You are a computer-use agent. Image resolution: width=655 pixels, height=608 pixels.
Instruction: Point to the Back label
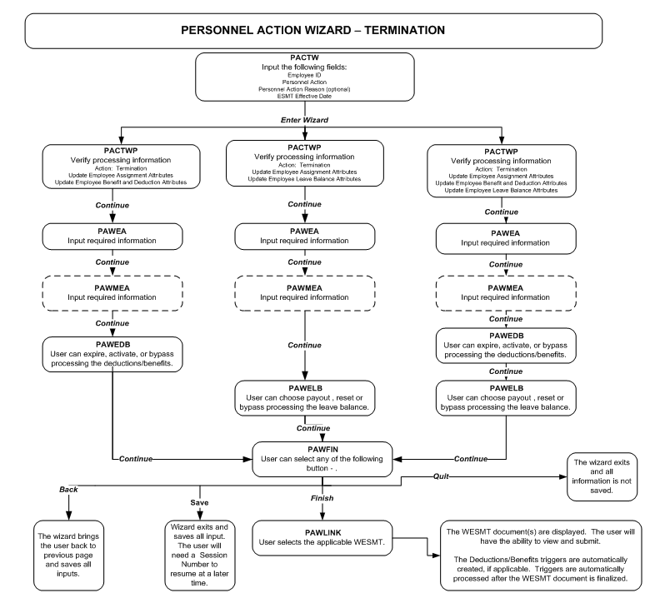pos(68,490)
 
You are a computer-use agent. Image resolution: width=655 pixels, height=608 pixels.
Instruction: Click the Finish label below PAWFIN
pos(323,497)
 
